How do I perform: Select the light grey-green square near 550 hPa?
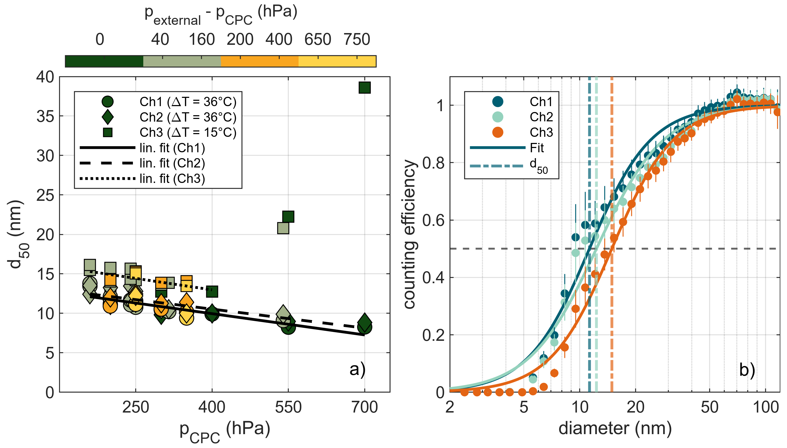(283, 228)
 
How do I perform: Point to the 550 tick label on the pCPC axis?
(288, 407)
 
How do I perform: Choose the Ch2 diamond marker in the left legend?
(108, 117)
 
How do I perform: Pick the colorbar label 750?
(357, 39)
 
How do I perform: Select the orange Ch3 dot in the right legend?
(498, 132)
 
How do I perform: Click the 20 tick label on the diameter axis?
(635, 407)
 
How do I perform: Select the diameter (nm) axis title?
(615, 428)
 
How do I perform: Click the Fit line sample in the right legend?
(498, 148)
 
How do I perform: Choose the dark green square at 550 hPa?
(288, 217)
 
